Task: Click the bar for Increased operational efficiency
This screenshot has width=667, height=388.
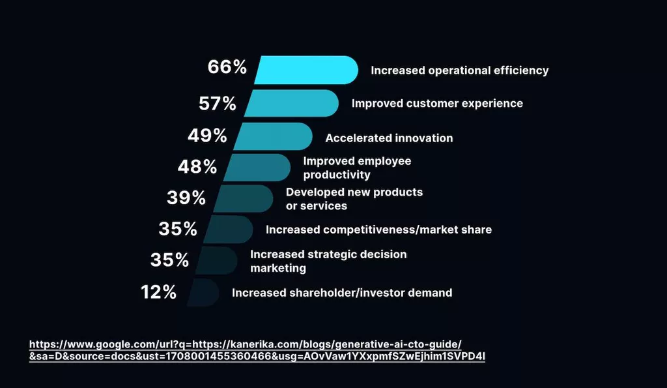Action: coord(306,70)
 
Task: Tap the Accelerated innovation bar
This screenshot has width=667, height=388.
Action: coord(273,136)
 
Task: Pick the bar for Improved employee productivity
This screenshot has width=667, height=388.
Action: coord(257,168)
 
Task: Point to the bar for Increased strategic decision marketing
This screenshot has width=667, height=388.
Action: coord(216,260)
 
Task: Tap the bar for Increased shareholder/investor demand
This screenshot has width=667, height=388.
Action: coord(205,292)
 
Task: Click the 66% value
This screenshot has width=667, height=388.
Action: coord(227,67)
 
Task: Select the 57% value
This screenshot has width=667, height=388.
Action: coord(217,103)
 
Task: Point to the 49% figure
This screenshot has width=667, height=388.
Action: coord(207,136)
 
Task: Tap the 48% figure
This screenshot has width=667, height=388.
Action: coord(197,167)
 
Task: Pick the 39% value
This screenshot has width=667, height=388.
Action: coord(186,198)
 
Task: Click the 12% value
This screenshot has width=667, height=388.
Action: coord(159,292)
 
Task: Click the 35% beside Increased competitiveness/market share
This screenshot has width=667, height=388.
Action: coord(178,229)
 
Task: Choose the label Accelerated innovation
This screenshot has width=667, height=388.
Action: coord(389,138)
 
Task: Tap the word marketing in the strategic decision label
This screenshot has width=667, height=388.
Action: coord(278,268)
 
